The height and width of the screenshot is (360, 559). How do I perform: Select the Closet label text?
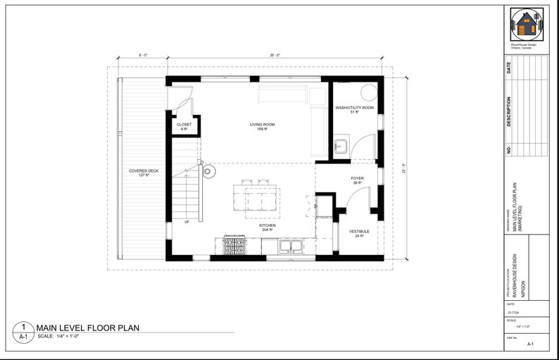(184, 127)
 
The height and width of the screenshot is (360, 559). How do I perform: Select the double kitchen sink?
(289, 246)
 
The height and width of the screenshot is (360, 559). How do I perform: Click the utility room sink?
(341, 147)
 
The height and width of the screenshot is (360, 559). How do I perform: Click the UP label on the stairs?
(187, 223)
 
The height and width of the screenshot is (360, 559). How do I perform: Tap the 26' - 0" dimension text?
(274, 55)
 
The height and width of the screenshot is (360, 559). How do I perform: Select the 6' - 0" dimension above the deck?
(143, 55)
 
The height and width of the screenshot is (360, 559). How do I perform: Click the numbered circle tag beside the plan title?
(23, 331)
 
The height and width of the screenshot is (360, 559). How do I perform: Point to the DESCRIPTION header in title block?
(509, 112)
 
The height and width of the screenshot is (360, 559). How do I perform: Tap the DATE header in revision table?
(509, 68)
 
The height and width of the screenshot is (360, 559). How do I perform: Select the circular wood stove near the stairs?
(208, 170)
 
